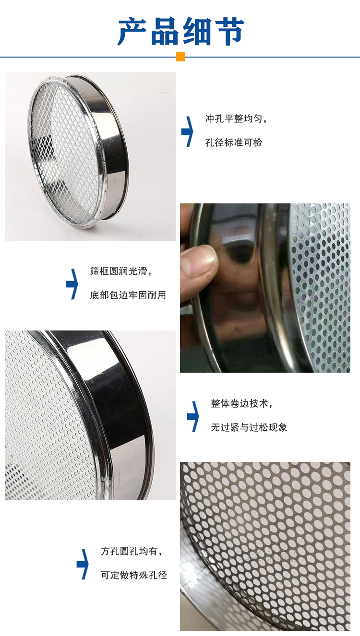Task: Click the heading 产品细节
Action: pyautogui.click(x=181, y=31)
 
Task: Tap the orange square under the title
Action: pyautogui.click(x=180, y=57)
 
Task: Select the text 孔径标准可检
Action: pyautogui.click(x=234, y=142)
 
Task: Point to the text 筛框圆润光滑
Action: pyautogui.click(x=121, y=271)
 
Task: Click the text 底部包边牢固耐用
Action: pyautogui.click(x=128, y=295)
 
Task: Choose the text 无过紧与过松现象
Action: pyautogui.click(x=249, y=427)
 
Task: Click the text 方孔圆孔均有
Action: pyautogui.click(x=132, y=552)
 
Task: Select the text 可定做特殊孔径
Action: pyautogui.click(x=134, y=575)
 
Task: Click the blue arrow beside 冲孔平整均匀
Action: pyautogui.click(x=188, y=131)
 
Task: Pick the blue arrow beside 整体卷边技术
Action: pyautogui.click(x=193, y=416)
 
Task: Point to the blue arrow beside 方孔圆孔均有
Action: pyautogui.click(x=83, y=564)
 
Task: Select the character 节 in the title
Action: pyautogui.click(x=228, y=31)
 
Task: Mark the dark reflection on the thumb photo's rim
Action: pyautogui.click(x=240, y=249)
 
